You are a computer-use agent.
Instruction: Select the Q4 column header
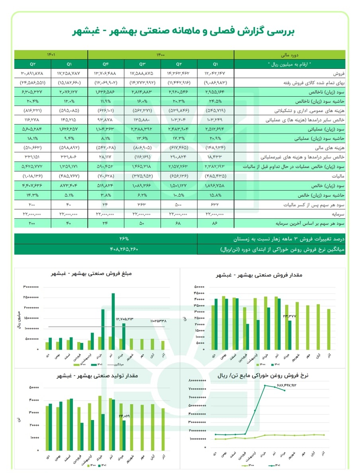106,64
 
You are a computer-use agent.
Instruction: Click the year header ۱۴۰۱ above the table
51,54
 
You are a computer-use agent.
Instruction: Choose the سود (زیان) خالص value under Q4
106,185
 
